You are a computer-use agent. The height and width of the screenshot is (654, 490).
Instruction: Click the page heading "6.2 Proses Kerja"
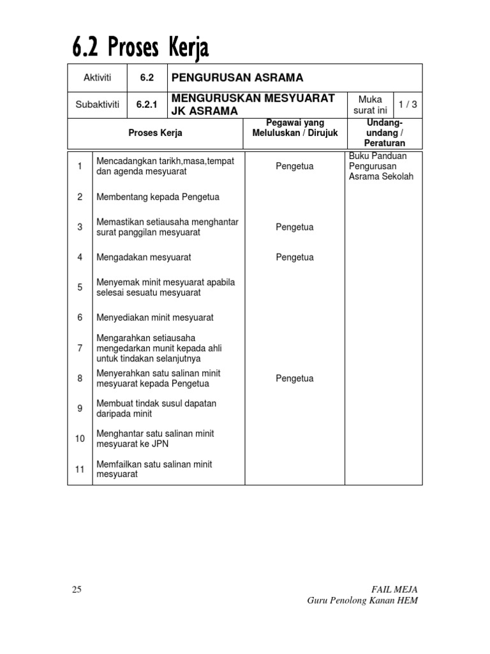pyautogui.click(x=140, y=47)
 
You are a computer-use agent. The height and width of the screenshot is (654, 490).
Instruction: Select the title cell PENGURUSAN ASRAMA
pyautogui.click(x=235, y=78)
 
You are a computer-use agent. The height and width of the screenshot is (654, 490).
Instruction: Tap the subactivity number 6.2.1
pyautogui.click(x=147, y=105)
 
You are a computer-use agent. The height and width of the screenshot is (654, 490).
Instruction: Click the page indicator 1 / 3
pyautogui.click(x=408, y=105)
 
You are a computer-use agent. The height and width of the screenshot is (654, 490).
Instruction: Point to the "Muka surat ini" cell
pyautogui.click(x=370, y=105)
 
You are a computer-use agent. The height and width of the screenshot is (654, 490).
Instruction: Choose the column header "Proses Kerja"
pyautogui.click(x=155, y=133)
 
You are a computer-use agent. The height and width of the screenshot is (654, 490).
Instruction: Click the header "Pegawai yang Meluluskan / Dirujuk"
pyautogui.click(x=295, y=128)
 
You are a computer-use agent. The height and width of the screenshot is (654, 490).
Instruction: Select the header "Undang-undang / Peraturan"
pyautogui.click(x=384, y=133)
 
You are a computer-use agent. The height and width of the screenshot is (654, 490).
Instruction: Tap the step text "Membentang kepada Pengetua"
pyautogui.click(x=158, y=197)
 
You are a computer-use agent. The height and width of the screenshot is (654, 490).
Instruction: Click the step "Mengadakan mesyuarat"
pyautogui.click(x=144, y=257)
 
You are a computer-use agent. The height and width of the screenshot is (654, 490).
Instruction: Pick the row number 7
pyautogui.click(x=80, y=348)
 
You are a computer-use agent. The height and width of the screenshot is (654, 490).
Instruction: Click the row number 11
pyautogui.click(x=80, y=469)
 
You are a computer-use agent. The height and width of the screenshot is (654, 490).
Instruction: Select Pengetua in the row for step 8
pyautogui.click(x=294, y=379)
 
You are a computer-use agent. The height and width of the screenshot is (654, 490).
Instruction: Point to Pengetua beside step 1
pyautogui.click(x=294, y=167)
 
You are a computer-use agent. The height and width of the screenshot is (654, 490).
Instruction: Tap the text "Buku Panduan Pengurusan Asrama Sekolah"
pyautogui.click(x=381, y=166)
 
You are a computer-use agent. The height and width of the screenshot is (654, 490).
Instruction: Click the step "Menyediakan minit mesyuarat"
pyautogui.click(x=154, y=317)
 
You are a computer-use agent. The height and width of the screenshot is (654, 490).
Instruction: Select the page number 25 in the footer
pyautogui.click(x=77, y=589)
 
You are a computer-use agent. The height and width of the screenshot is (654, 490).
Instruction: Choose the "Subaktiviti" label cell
pyautogui.click(x=97, y=105)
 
